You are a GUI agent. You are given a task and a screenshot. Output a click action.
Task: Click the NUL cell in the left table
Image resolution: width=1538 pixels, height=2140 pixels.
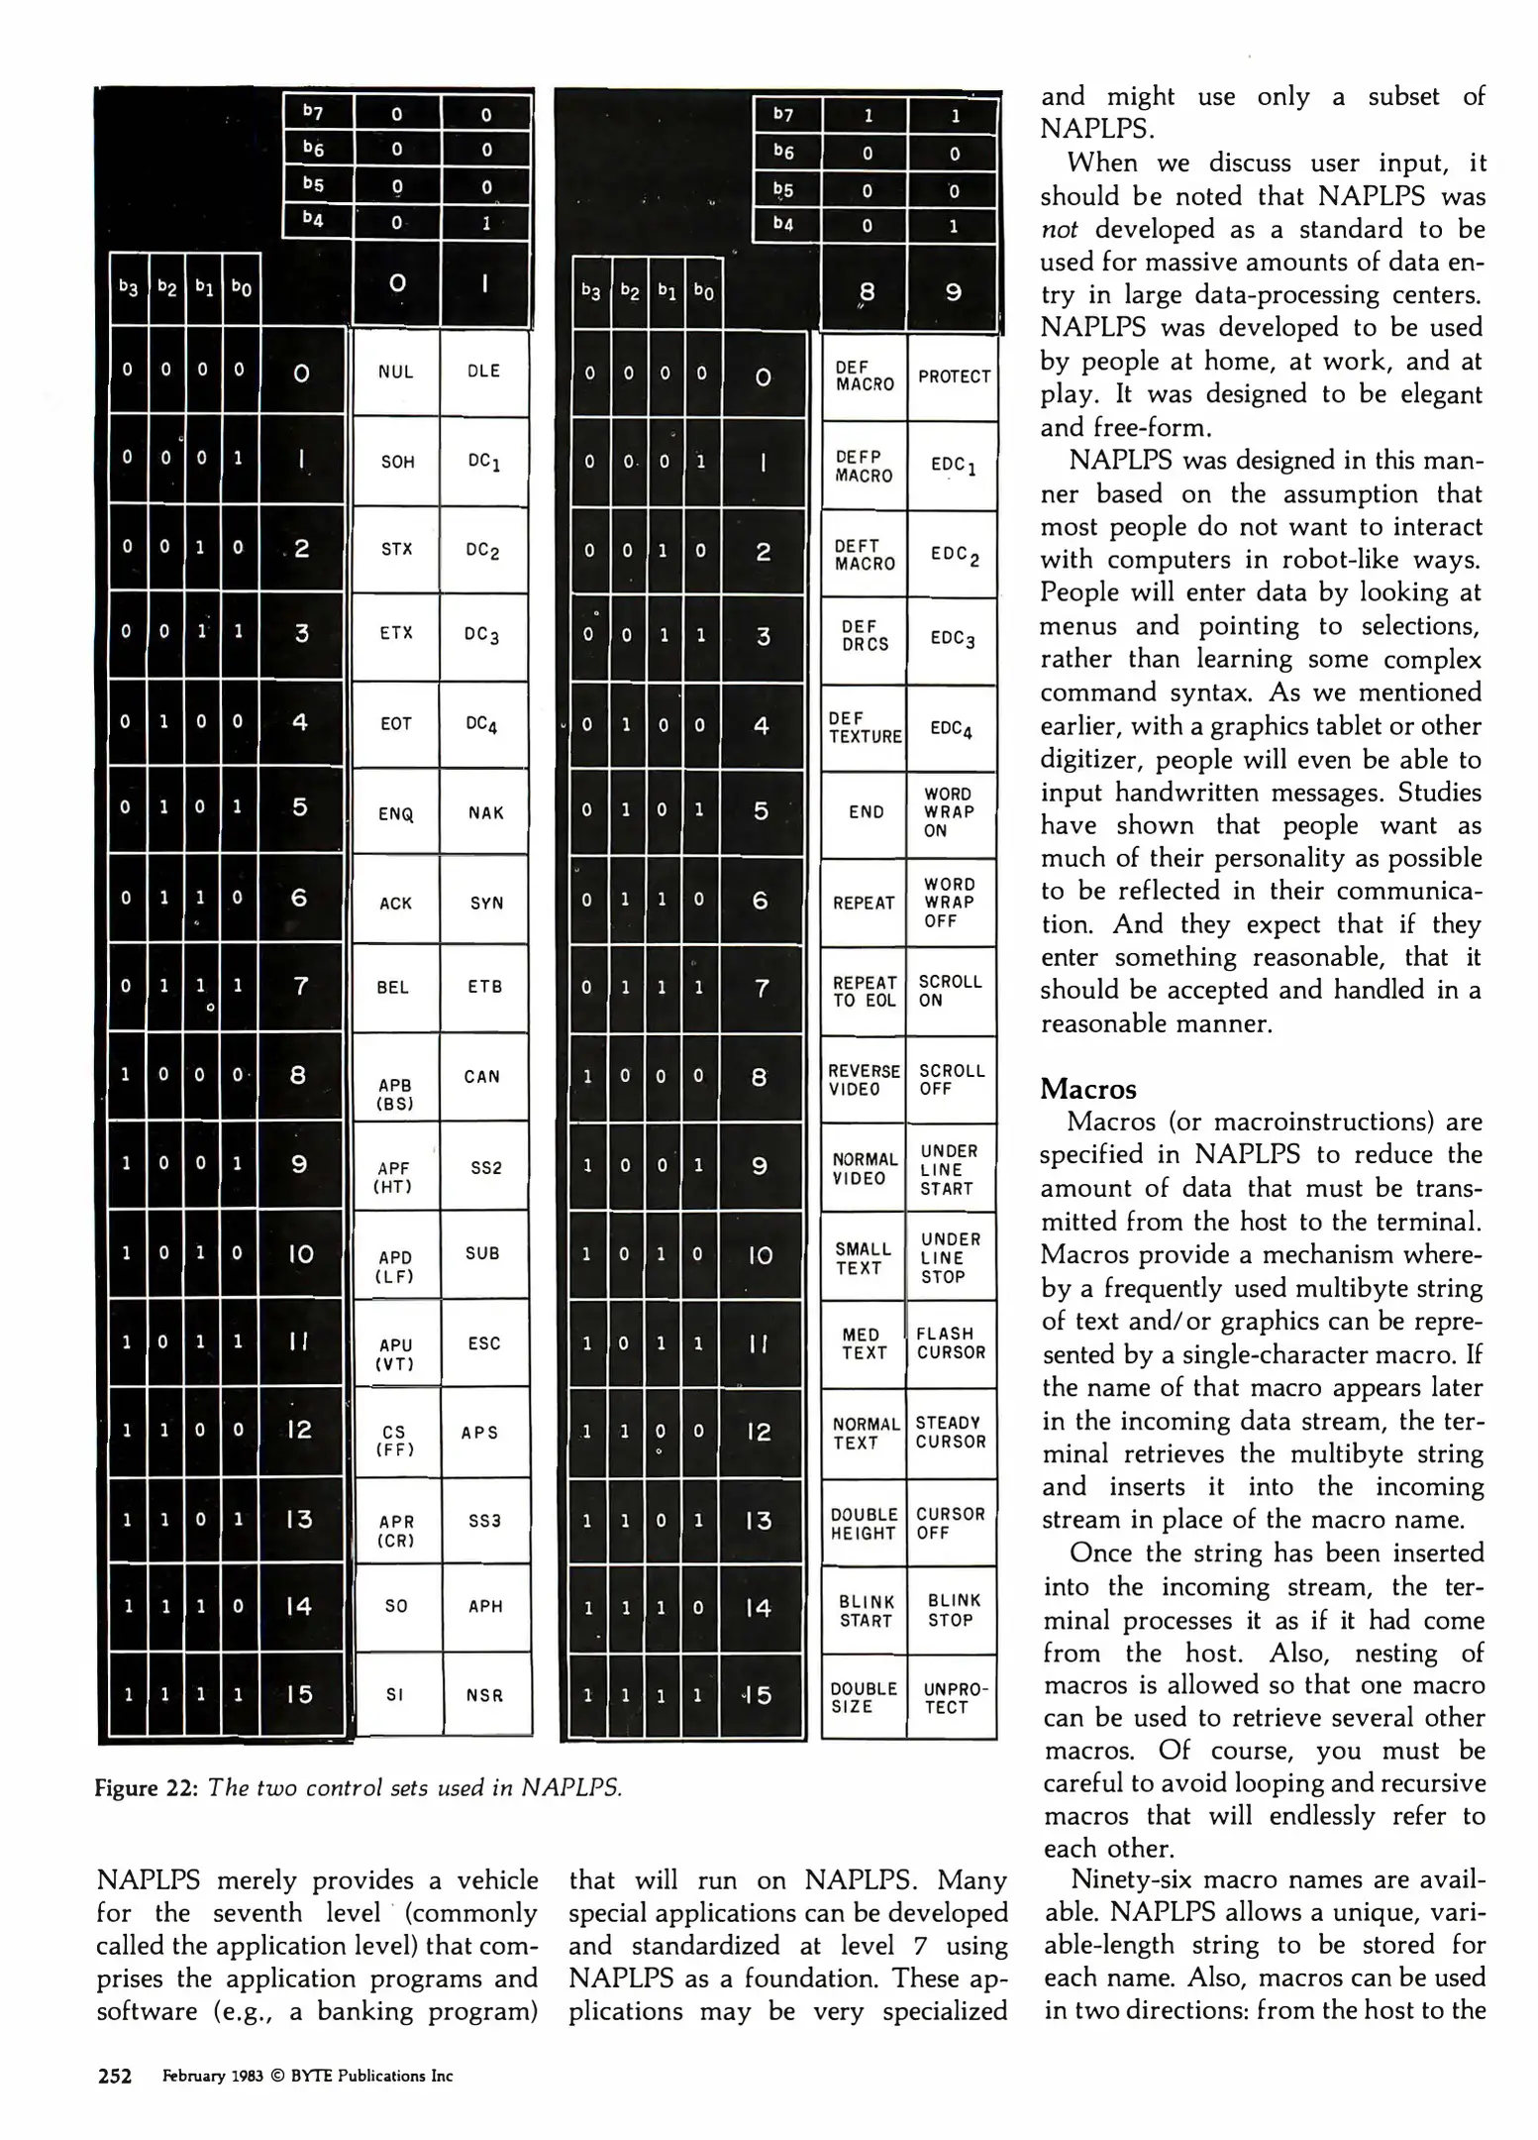(x=395, y=373)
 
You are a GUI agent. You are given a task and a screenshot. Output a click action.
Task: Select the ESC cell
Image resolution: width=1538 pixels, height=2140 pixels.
(x=484, y=1343)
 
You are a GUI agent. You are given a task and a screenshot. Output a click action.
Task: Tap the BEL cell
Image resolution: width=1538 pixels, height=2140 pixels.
(x=393, y=987)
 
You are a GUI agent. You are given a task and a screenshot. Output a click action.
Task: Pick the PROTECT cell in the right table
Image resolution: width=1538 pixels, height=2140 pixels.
(x=954, y=376)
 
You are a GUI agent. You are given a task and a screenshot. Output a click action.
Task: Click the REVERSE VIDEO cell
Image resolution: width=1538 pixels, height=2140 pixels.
(x=864, y=1080)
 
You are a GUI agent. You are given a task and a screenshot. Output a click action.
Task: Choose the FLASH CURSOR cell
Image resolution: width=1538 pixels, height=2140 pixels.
(x=951, y=1342)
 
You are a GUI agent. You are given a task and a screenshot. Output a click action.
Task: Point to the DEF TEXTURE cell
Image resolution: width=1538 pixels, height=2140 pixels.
(x=865, y=727)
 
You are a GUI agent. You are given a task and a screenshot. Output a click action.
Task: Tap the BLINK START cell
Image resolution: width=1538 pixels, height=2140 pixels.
(x=866, y=1610)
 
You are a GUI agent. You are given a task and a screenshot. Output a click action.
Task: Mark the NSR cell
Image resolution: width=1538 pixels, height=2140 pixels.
(x=484, y=1695)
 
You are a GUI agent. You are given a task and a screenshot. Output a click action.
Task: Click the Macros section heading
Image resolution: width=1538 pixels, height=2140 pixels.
(x=1088, y=1089)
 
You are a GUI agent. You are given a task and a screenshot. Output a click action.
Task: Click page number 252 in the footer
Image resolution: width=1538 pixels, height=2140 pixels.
(x=115, y=2077)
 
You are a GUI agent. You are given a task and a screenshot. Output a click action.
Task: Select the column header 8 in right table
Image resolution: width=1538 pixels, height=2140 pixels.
(x=867, y=293)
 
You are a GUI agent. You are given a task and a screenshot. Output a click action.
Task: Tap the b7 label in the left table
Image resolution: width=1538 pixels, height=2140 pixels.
(x=313, y=112)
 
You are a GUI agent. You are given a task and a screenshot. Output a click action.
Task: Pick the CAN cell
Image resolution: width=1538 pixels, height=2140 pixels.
(x=482, y=1076)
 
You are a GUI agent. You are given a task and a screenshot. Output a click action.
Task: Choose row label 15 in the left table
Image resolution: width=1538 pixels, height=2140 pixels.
(x=299, y=1694)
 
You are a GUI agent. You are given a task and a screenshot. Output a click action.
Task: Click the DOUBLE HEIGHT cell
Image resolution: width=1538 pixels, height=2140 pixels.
(x=864, y=1524)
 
